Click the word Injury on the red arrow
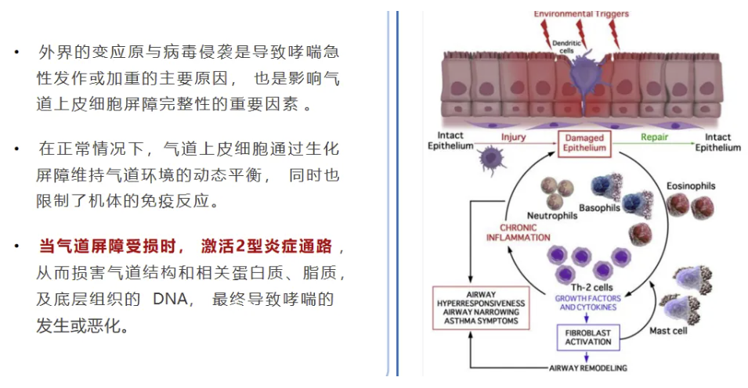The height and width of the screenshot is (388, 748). (515, 136)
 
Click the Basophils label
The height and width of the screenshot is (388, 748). (600, 208)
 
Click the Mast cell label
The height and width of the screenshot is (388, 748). (671, 331)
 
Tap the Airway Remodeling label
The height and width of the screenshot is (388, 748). (588, 367)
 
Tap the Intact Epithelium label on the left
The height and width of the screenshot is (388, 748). (451, 141)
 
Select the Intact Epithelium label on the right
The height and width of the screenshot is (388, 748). (717, 141)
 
